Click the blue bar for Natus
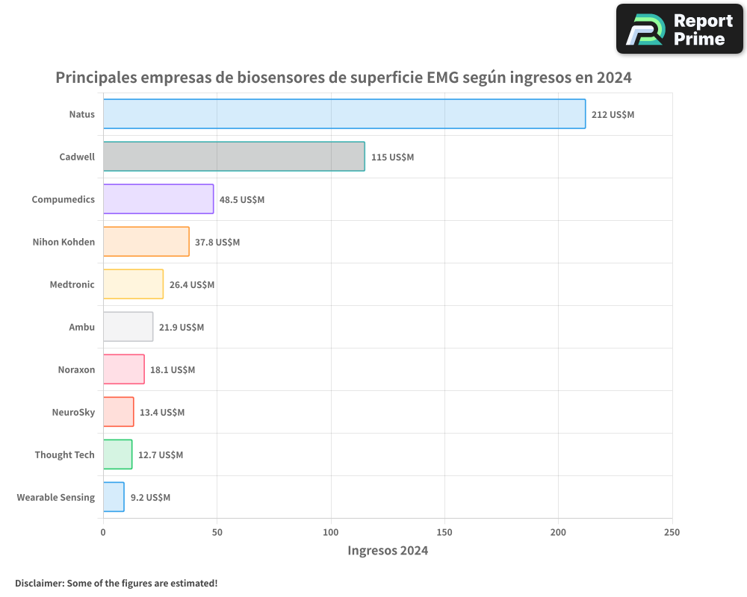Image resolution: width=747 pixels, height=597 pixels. coord(344,114)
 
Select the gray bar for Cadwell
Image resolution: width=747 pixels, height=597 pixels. coord(234,157)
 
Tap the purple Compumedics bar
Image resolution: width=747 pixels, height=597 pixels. coord(158,199)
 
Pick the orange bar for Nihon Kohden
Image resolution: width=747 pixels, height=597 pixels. coord(146,242)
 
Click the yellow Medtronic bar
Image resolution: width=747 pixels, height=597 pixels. coord(133,284)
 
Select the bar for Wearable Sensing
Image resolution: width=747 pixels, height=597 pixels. coord(114,497)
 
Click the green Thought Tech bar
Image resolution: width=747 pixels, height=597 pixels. coord(117,454)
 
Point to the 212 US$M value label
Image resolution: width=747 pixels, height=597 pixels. coord(613,115)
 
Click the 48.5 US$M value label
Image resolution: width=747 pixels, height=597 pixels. coord(241,200)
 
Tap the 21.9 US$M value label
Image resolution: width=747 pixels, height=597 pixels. coord(181,328)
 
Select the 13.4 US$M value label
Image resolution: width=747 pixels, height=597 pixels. coord(161,413)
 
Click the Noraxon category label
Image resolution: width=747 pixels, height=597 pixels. coord(76,370)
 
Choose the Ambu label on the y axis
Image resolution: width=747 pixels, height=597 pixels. coord(81,328)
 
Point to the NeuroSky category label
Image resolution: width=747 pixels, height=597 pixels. coord(73,413)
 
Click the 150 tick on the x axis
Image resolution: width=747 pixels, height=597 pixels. coord(444,532)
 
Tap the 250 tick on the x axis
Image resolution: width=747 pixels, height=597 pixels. coord(672,532)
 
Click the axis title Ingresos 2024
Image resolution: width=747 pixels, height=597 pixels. coord(388,551)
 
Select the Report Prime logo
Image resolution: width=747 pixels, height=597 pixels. coord(679,29)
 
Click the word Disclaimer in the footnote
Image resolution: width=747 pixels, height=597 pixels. coord(39,583)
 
